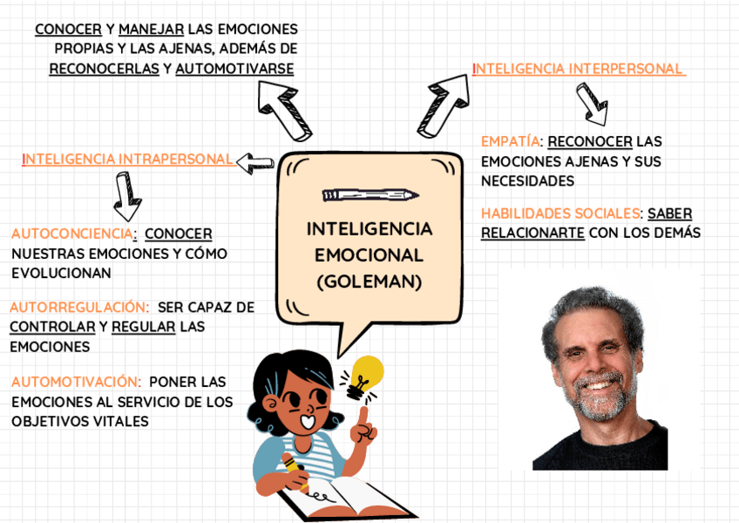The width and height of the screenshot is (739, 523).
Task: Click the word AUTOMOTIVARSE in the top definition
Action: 234,68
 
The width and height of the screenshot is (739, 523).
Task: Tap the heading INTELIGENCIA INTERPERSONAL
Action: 579,68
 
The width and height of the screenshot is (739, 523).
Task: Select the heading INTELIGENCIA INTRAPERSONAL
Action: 128,159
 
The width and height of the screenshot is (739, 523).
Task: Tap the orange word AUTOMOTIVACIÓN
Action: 77,381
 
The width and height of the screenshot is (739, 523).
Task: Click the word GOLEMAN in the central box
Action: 369,282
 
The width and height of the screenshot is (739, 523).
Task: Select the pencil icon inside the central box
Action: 369,194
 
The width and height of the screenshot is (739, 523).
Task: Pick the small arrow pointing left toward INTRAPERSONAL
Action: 255,162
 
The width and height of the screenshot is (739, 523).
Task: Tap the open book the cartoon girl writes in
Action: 349,498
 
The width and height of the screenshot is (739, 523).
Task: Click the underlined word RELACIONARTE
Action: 532,233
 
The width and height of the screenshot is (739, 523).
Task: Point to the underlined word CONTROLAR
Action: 52,327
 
